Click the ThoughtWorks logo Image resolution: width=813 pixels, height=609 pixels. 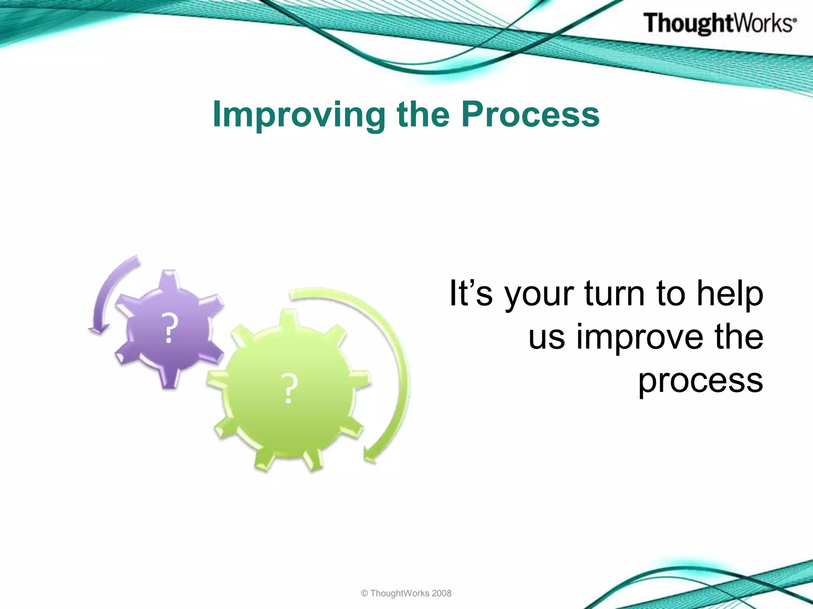720,23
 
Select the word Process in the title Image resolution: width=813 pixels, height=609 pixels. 530,114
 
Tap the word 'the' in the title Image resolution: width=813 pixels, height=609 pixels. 423,114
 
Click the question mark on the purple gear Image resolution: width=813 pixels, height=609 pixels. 169,328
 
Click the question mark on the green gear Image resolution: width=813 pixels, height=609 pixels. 289,389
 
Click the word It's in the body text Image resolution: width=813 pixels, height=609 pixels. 471,293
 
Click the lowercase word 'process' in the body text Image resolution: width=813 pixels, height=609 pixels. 701,381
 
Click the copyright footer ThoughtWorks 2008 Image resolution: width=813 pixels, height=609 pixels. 406,593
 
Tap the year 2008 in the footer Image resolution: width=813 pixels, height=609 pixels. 441,593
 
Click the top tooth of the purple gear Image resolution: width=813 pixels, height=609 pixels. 169,280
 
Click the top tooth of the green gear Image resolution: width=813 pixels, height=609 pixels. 289,320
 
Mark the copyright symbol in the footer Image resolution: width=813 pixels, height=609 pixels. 364,594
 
